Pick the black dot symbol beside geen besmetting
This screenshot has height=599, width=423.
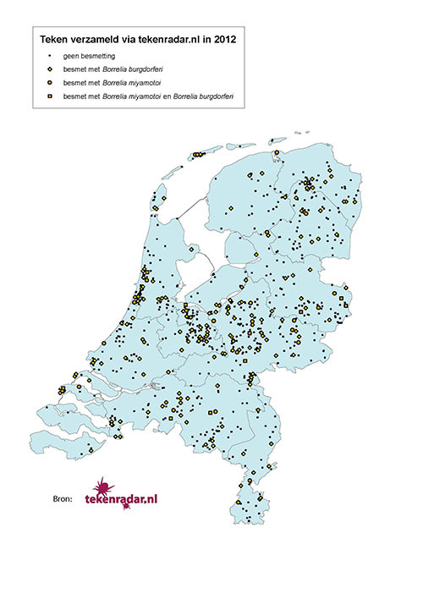52,55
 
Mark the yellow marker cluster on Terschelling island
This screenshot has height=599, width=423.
198,154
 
